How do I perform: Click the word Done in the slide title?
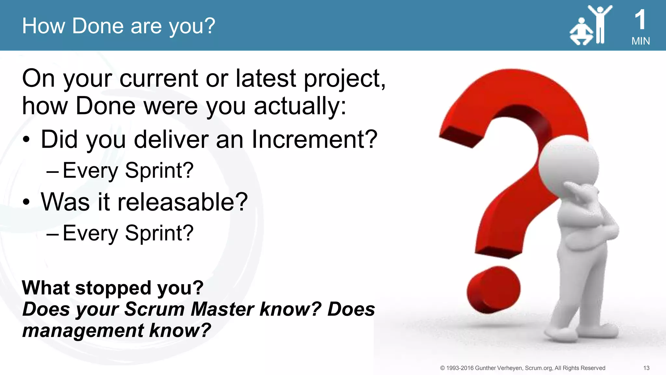click(98, 26)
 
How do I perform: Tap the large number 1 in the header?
click(640, 20)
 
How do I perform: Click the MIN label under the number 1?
click(640, 41)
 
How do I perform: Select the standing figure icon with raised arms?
click(600, 24)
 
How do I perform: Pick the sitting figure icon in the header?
click(581, 33)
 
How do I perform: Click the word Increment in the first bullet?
click(314, 139)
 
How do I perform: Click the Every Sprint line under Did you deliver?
click(128, 170)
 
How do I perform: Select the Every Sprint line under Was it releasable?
click(128, 233)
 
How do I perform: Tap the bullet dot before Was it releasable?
click(26, 202)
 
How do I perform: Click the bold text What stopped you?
click(113, 288)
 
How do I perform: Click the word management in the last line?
click(83, 330)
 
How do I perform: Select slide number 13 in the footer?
click(646, 368)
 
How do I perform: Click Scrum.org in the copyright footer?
click(539, 368)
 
